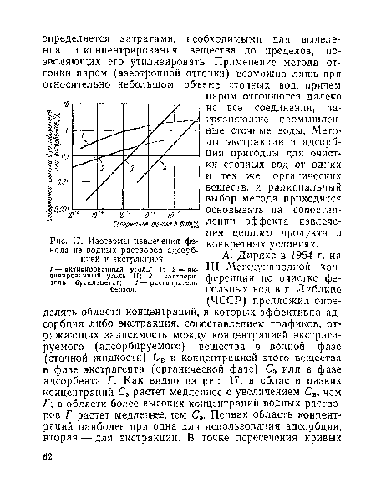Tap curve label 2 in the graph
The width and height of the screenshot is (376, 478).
pos(103,168)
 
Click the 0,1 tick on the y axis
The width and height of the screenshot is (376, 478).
pos(68,156)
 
